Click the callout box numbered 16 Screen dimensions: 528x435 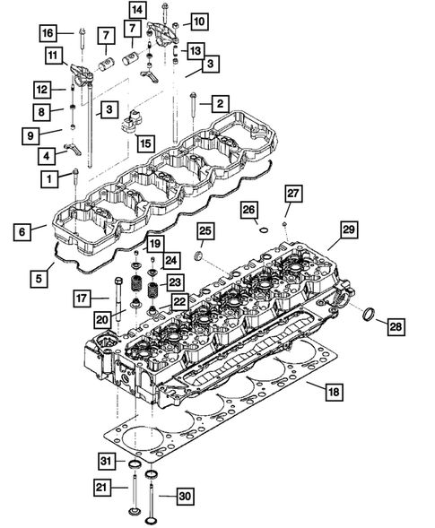point(48,33)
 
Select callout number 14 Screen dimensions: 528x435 point(135,10)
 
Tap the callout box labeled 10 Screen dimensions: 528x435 point(198,20)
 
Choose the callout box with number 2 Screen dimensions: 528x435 point(218,103)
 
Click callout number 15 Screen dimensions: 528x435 point(145,142)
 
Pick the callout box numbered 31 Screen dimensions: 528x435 point(107,461)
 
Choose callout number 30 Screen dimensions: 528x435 point(184,495)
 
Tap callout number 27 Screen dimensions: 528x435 point(292,194)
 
